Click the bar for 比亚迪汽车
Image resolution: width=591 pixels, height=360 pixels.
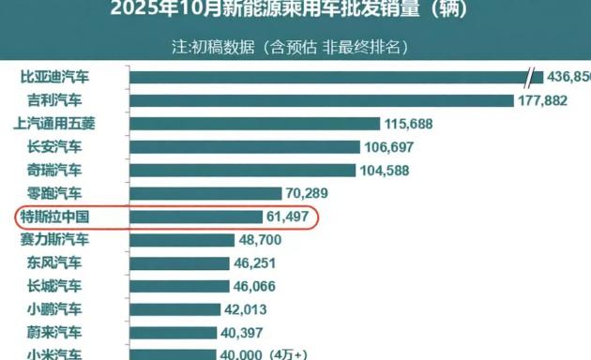pos(328,78)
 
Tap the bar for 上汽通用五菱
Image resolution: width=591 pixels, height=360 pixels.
pos(253,124)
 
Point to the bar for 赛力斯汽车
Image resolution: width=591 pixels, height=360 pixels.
pos(181,240)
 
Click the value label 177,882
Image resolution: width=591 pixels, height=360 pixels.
pos(542,100)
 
